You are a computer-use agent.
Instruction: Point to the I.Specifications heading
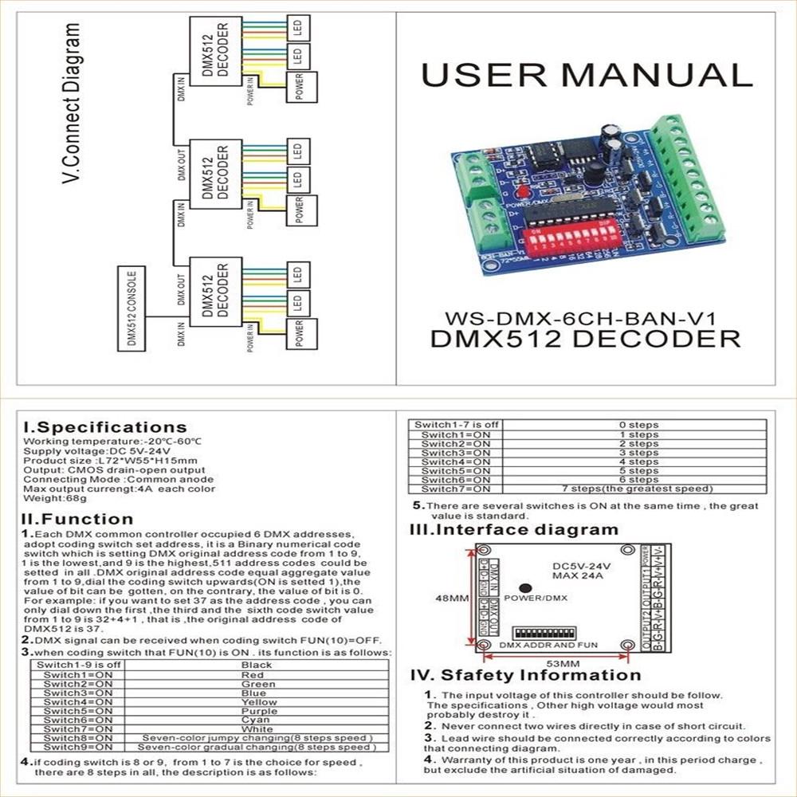105,427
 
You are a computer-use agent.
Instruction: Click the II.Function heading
77,520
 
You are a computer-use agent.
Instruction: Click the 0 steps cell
638,425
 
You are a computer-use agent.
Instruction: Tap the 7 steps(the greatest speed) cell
638,489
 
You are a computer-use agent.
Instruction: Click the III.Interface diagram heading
514,530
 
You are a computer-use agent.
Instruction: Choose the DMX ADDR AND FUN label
553,644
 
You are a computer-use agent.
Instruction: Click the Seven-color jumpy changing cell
256,738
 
